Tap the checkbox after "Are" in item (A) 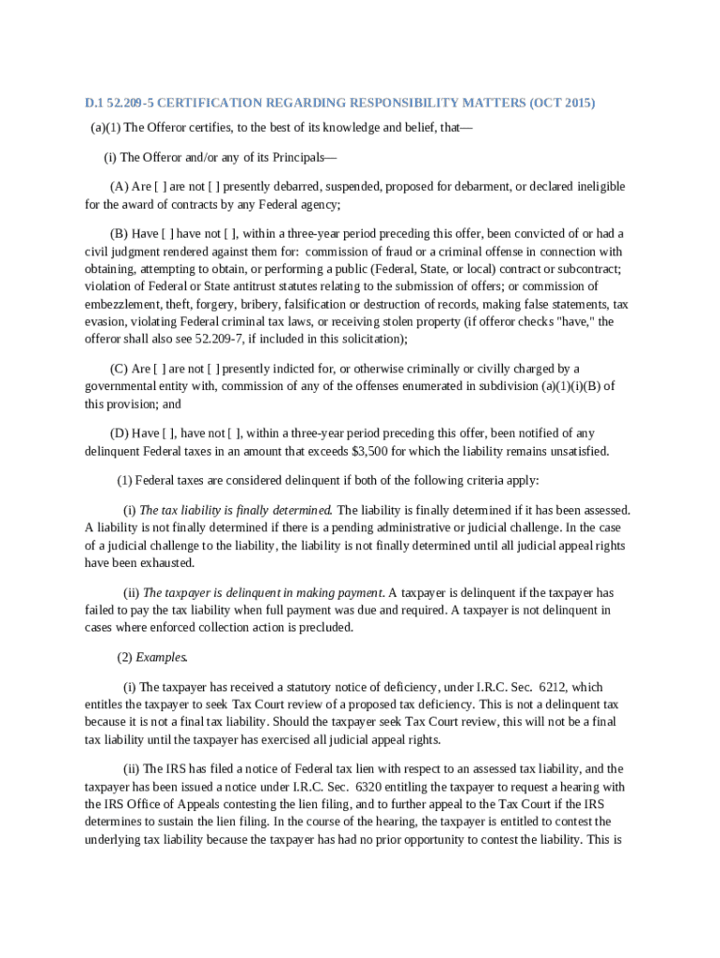pyautogui.click(x=159, y=186)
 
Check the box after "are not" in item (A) pyautogui.click(x=214, y=186)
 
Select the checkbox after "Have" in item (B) pyautogui.click(x=167, y=233)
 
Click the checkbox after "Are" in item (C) pyautogui.click(x=159, y=369)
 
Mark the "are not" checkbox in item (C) pyautogui.click(x=214, y=369)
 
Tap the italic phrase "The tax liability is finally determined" pyautogui.click(x=236, y=510)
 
